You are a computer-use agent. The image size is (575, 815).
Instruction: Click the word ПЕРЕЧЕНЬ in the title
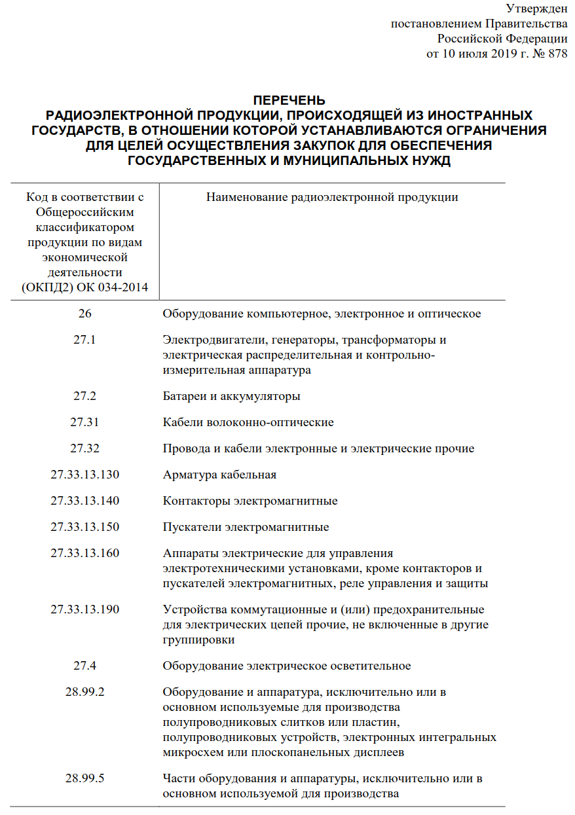(289, 100)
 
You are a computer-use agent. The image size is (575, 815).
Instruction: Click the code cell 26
(85, 314)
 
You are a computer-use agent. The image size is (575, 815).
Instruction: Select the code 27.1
(85, 340)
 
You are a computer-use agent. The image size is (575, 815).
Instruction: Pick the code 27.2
(85, 396)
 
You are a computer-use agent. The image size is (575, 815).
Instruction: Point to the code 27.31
(85, 422)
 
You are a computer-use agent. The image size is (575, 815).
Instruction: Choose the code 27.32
(85, 448)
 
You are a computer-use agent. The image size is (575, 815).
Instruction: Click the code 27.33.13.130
(85, 475)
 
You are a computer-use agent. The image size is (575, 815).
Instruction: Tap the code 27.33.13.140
(85, 501)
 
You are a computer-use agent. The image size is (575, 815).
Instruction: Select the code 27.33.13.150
(85, 527)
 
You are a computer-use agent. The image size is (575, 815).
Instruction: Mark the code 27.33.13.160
(85, 553)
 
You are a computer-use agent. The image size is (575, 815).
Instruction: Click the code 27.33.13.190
(85, 609)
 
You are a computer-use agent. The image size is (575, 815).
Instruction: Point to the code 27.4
(85, 666)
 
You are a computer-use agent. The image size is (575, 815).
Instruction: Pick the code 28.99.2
(85, 692)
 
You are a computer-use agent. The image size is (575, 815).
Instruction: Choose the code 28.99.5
(85, 778)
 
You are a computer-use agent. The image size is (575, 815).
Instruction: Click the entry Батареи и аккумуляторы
(231, 396)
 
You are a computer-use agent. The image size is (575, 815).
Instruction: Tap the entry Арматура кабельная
(219, 475)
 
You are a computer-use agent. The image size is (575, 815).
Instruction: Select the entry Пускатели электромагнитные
(246, 527)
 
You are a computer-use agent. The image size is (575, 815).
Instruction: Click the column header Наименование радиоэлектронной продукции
(332, 197)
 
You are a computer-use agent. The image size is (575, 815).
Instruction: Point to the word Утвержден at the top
(536, 9)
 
